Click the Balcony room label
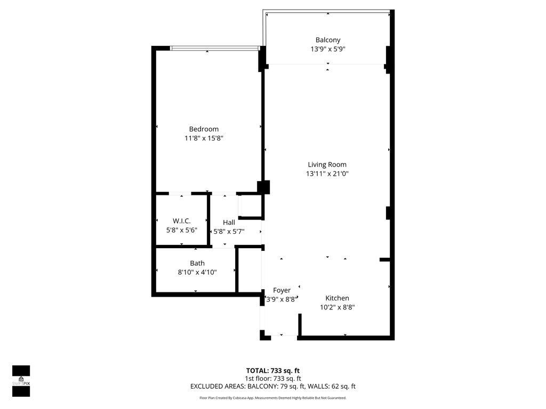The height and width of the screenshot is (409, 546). tap(327, 40)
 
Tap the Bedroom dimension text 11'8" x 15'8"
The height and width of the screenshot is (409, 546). tap(204, 138)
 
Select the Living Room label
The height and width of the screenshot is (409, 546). tap(327, 165)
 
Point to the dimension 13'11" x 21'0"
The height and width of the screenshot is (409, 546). tap(327, 174)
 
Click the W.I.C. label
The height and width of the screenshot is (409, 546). tap(181, 221)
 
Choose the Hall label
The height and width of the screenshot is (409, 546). tap(229, 223)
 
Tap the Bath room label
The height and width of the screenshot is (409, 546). tap(197, 263)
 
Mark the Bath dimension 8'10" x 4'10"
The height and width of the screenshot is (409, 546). tap(197, 272)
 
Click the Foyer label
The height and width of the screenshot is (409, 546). tap(282, 290)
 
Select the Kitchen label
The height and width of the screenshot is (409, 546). tap(337, 298)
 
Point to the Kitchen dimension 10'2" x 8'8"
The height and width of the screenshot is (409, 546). tap(337, 307)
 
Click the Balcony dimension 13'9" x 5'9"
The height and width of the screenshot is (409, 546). tap(327, 49)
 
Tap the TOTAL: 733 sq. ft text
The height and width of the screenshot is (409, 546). tap(272, 371)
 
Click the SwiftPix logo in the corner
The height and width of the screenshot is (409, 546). tap(21, 381)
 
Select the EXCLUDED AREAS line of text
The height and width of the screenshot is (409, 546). tap(272, 387)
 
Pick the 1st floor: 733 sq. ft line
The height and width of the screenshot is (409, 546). tap(272, 379)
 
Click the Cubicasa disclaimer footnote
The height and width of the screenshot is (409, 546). tap(272, 398)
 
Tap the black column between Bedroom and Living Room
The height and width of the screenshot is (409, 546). tap(263, 187)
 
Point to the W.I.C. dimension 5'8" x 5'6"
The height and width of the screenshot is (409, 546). tap(181, 230)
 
